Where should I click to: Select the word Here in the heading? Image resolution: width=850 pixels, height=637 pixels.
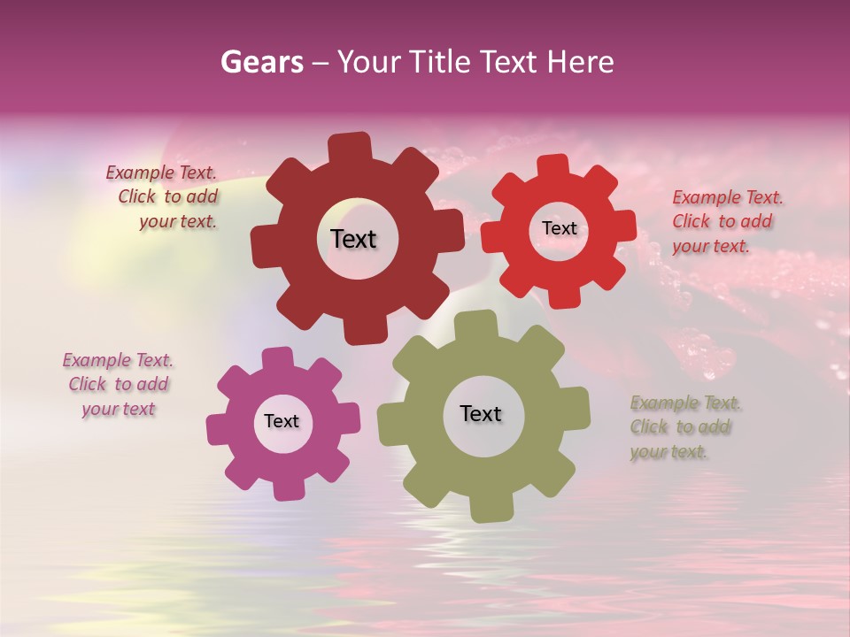point(580,62)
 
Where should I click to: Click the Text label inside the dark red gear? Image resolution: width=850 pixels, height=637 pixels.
point(353,239)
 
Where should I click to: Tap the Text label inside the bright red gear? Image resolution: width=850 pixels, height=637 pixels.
point(559,228)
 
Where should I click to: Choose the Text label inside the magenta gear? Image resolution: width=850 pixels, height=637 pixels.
point(282,421)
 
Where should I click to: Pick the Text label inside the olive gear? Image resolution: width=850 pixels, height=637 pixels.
point(481,413)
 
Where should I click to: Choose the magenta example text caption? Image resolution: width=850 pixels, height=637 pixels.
point(118,385)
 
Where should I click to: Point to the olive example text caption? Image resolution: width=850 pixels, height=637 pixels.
point(684,427)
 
